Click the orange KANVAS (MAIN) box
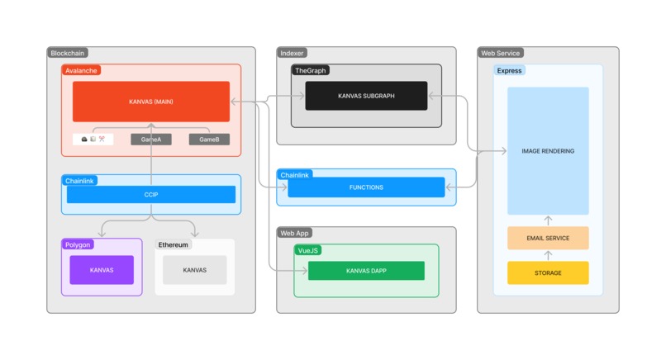pos(151,101)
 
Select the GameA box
pos(151,140)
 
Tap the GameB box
pos(209,140)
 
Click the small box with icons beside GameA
pos(93,140)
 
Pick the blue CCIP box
pos(151,195)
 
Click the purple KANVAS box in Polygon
pos(102,270)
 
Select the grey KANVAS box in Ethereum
pos(194,270)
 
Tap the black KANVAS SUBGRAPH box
pos(366,96)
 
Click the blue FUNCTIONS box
pos(366,187)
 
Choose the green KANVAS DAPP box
pos(366,271)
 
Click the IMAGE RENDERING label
pos(548,151)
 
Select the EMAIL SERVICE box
pos(548,238)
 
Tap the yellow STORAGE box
pos(548,273)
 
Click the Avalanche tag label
pos(81,71)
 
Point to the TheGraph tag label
pos(311,71)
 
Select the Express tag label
pos(510,71)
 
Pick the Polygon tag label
pos(78,244)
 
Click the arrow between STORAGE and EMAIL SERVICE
pos(548,255)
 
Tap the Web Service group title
pos(500,53)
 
